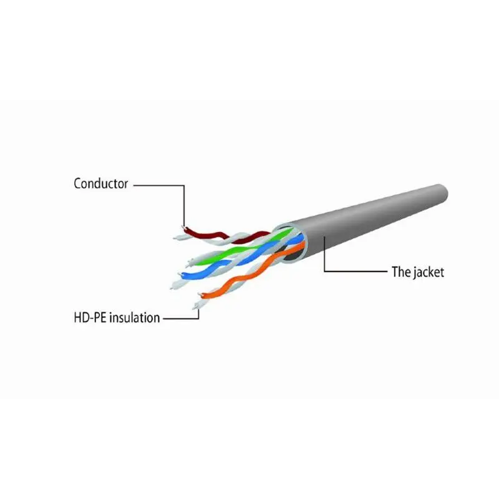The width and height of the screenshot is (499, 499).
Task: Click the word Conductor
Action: (x=100, y=183)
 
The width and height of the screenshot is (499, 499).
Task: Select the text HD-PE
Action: (x=90, y=317)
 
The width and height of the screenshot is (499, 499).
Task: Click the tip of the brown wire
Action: (x=183, y=227)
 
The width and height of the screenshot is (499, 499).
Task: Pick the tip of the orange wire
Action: (x=200, y=294)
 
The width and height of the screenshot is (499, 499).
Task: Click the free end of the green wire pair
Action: (x=188, y=264)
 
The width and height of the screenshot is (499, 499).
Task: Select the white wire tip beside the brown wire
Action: (x=175, y=238)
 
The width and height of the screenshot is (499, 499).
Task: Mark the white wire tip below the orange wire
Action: (x=195, y=308)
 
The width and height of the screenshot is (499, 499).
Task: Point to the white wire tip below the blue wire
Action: (x=172, y=287)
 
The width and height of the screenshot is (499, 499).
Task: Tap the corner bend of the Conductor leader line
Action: (x=184, y=185)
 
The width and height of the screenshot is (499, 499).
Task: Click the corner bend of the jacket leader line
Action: (x=324, y=271)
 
